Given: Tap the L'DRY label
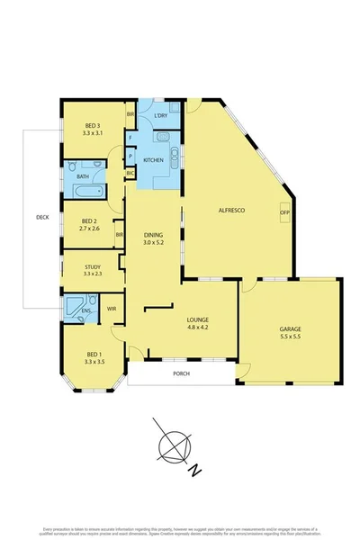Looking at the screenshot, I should (x=162, y=116).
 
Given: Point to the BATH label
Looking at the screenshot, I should (x=83, y=176).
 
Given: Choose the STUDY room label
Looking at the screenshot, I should (x=92, y=266).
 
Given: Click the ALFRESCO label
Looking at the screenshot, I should (x=233, y=210).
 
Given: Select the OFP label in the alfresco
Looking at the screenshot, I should (x=284, y=212).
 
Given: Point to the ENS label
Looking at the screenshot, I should (x=86, y=311).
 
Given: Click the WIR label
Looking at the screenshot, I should (x=112, y=309).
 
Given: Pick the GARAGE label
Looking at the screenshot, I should (x=290, y=329).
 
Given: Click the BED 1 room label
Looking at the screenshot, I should (x=94, y=355).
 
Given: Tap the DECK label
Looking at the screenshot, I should (x=41, y=217).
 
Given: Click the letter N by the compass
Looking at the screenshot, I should (x=193, y=468).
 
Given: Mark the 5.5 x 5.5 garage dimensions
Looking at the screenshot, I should (x=290, y=338).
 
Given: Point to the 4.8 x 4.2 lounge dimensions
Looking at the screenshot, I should (x=197, y=328).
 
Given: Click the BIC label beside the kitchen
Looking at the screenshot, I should (x=130, y=172).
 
